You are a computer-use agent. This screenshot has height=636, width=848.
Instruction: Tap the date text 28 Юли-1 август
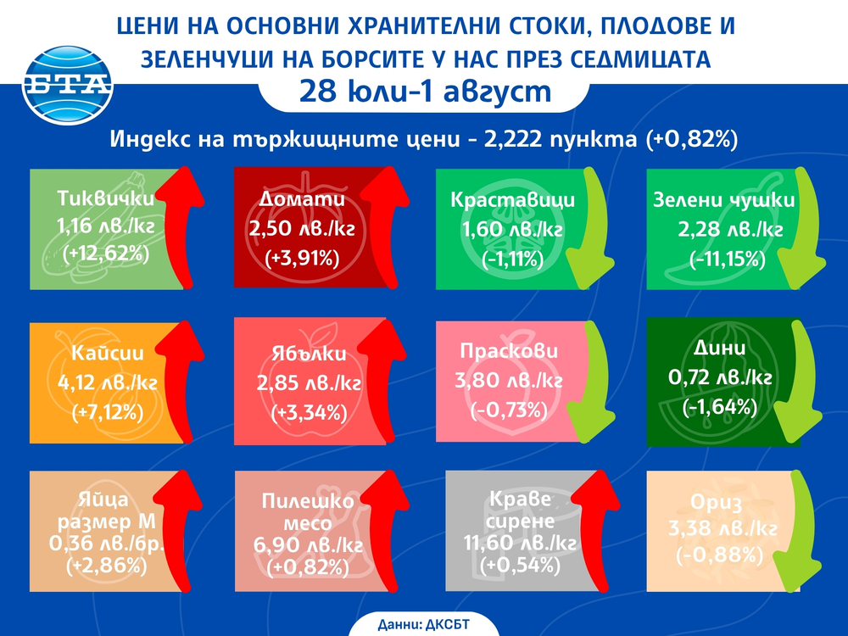pyautogui.click(x=424, y=92)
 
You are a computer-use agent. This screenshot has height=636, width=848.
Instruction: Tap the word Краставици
pyautogui.click(x=512, y=201)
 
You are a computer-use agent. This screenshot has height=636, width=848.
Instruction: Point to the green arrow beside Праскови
pyautogui.click(x=584, y=382)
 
